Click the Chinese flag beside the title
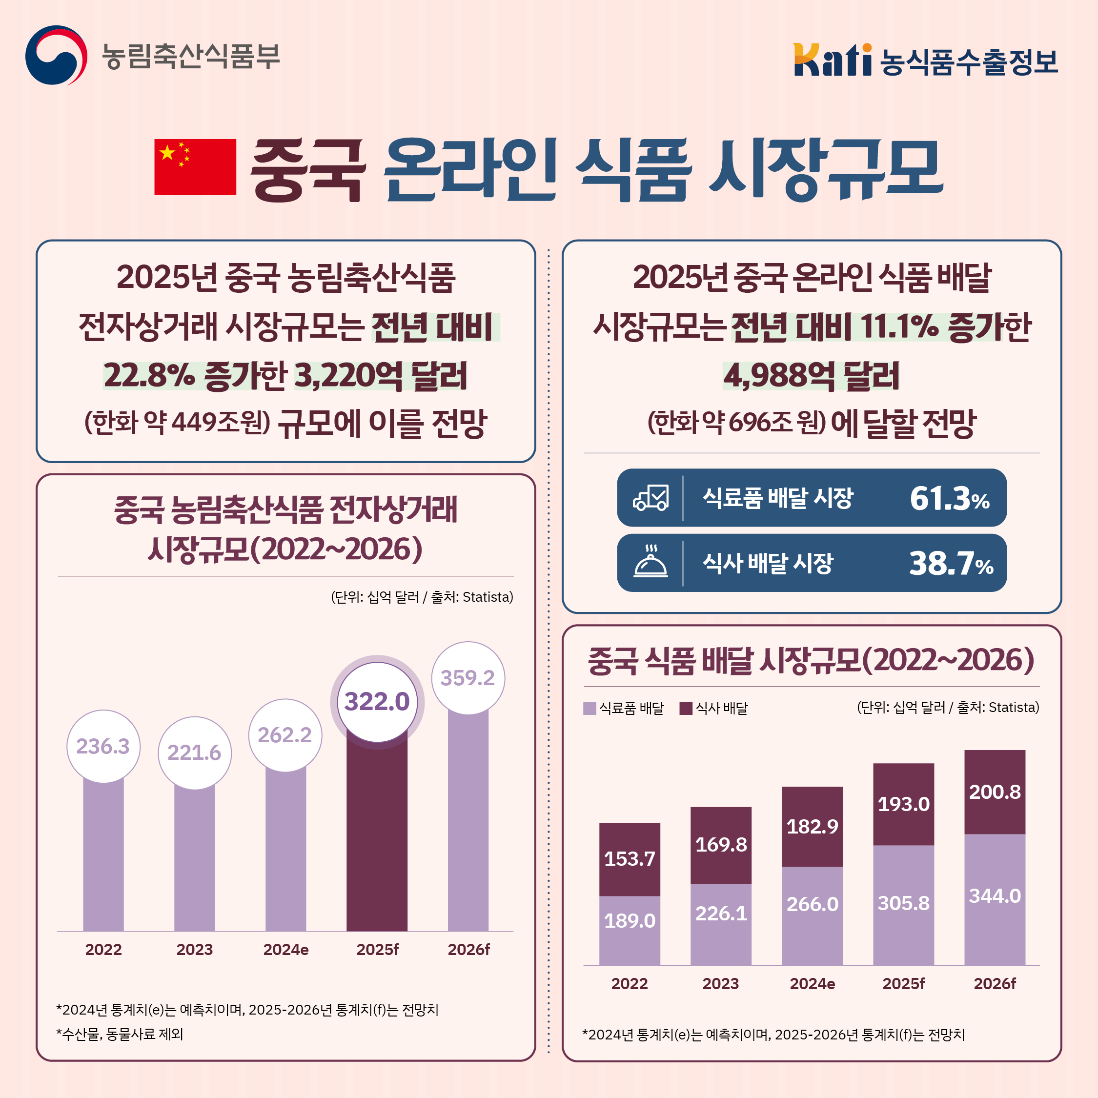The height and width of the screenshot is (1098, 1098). click(195, 166)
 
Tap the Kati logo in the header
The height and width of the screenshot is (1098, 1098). click(832, 60)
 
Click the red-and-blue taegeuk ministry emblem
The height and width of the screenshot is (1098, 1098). click(56, 55)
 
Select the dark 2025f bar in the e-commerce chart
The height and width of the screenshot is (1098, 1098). click(377, 835)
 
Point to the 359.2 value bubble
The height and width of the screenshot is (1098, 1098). click(468, 677)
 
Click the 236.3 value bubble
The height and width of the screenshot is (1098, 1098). click(103, 746)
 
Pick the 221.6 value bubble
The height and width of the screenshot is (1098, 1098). click(194, 752)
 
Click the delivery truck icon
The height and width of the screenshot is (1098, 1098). click(651, 498)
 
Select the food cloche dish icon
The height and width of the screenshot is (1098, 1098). click(651, 562)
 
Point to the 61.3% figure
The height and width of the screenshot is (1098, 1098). click(949, 498)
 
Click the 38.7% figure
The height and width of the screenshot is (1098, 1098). click(951, 563)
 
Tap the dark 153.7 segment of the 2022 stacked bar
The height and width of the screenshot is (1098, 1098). click(629, 859)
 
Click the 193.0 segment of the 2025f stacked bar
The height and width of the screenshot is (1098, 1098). click(903, 804)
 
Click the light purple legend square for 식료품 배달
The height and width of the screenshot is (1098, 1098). click(590, 708)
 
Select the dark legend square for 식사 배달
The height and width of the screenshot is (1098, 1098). click(686, 708)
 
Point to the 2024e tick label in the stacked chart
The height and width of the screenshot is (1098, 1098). click(812, 984)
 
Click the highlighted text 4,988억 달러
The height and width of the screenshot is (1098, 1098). click(811, 376)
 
